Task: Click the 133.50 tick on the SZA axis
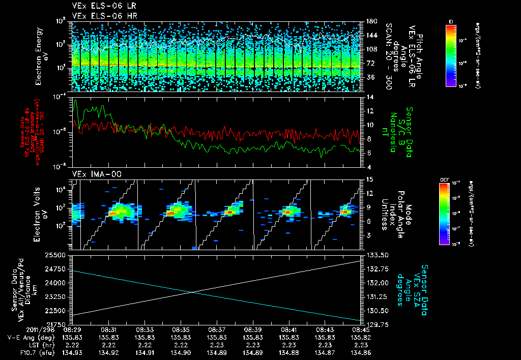pos(376,255)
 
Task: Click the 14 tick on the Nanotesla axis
pos(369,97)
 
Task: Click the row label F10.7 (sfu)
pos(21,351)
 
